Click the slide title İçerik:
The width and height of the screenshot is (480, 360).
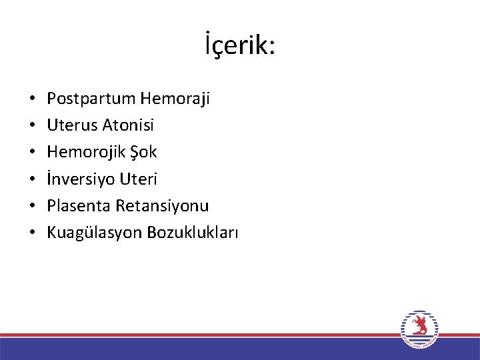point(240,46)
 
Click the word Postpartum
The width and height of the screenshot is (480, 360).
point(91,99)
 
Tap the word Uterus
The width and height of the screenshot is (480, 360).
point(73,125)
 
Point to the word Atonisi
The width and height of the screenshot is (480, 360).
point(129,125)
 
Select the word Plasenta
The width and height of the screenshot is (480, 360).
point(79,205)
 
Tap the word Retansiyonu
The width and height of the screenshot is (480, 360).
point(162,205)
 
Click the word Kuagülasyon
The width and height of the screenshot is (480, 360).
point(94,233)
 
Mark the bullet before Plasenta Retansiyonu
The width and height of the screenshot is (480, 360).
point(33,207)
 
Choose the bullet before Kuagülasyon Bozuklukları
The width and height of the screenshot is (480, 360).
point(33,233)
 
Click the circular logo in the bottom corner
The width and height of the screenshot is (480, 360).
point(419,329)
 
